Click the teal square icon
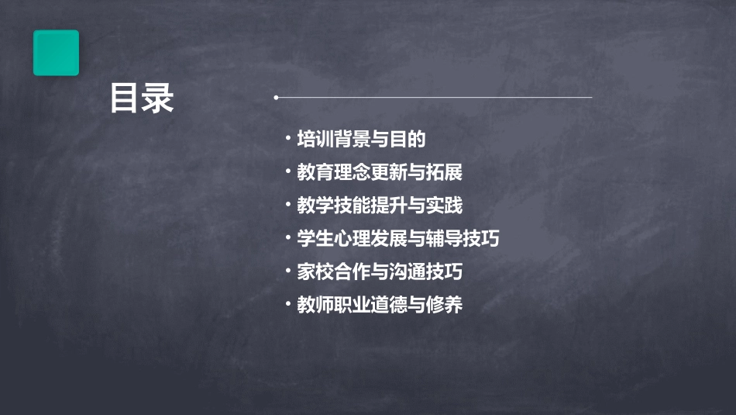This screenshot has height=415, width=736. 56,53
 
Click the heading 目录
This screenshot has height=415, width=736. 141,99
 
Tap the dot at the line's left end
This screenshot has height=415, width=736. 276,98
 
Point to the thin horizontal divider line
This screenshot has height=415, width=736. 434,98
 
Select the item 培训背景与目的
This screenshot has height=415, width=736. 362,140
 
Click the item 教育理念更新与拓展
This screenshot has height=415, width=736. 380,172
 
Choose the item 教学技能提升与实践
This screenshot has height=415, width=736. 380,206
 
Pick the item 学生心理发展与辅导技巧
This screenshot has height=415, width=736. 397,239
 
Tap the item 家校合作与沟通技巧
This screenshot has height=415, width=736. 380,272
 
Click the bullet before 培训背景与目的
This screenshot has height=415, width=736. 287,139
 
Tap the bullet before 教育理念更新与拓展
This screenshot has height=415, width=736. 287,171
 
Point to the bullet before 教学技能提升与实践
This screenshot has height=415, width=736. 287,205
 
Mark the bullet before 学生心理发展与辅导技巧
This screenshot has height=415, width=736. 287,238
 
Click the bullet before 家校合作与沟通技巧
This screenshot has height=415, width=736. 287,271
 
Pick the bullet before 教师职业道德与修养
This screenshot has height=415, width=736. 287,305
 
